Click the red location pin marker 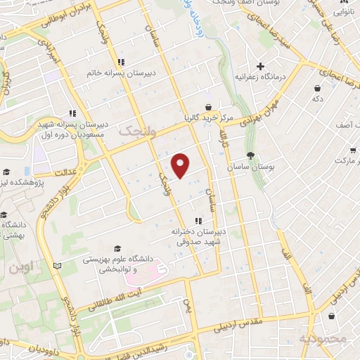point(181,165)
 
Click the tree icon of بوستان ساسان point(251,155)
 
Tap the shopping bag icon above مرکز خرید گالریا point(208,106)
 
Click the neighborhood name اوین point(21,268)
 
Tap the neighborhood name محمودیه point(323,340)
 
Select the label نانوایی point(342,12)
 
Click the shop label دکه point(318,99)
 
